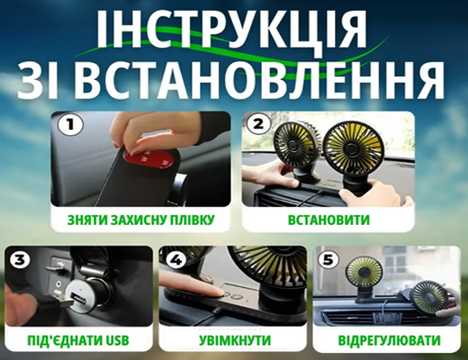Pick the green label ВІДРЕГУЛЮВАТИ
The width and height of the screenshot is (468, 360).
pos(391,341)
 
